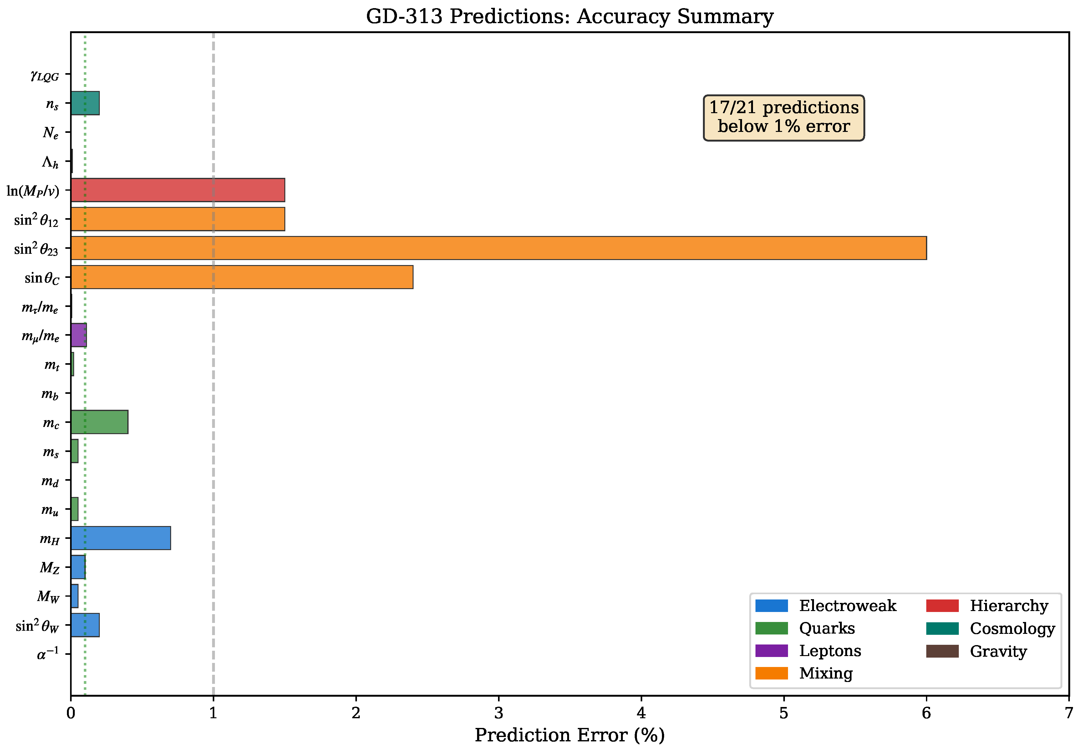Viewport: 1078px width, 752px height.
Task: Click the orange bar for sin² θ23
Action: point(498,248)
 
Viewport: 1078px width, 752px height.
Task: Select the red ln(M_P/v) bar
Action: point(177,190)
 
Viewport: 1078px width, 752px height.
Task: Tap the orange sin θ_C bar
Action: point(242,277)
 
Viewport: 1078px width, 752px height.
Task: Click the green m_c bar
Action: point(99,422)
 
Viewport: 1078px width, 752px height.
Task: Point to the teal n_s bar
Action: point(85,103)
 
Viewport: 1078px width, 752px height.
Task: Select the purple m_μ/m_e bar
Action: point(79,335)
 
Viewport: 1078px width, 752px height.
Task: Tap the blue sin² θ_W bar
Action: point(85,625)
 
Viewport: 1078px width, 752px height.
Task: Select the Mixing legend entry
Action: point(804,673)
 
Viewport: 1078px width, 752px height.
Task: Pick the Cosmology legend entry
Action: point(991,629)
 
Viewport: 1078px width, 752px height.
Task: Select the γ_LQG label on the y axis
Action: point(45,75)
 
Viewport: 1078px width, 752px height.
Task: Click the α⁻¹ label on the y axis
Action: point(48,654)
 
